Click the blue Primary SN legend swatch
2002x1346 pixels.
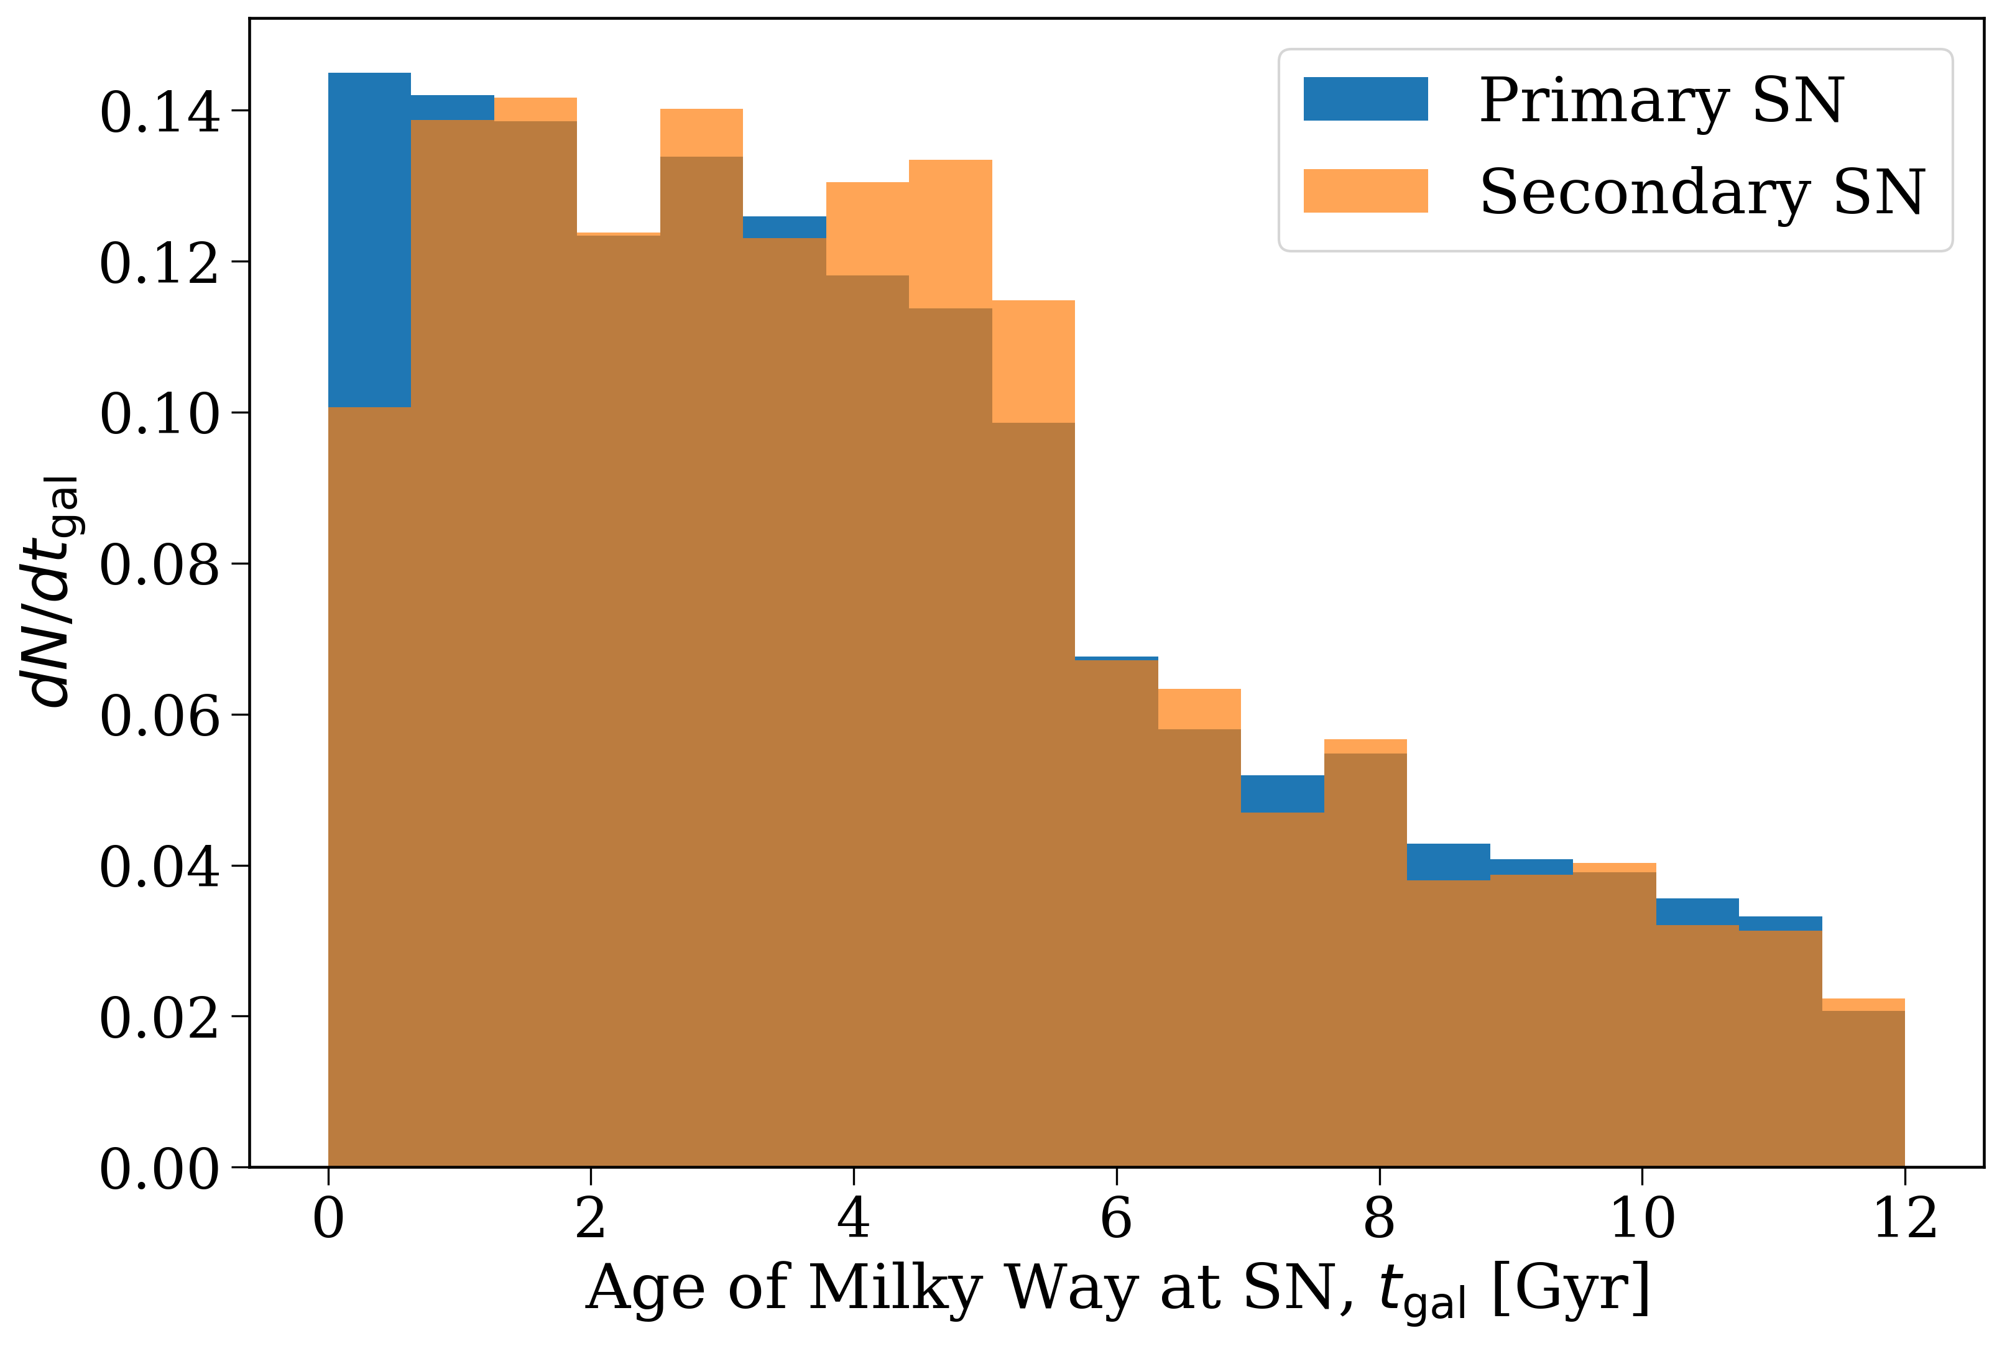[x=1365, y=99]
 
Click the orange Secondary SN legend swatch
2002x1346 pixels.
[x=1365, y=191]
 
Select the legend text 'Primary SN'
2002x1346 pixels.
[x=1660, y=101]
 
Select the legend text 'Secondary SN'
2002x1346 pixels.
[x=1702, y=192]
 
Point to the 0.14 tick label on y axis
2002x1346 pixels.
[x=160, y=111]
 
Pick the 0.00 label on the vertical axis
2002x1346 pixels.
[x=160, y=1168]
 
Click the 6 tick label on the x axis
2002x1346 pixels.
[x=1116, y=1218]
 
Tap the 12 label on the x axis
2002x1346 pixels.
[x=1904, y=1218]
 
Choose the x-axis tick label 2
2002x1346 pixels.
[x=591, y=1218]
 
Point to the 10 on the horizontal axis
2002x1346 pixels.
[x=1641, y=1218]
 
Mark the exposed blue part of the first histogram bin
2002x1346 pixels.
[x=369, y=241]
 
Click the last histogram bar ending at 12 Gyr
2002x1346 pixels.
[x=1863, y=1090]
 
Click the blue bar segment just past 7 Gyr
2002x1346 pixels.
[x=1282, y=793]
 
